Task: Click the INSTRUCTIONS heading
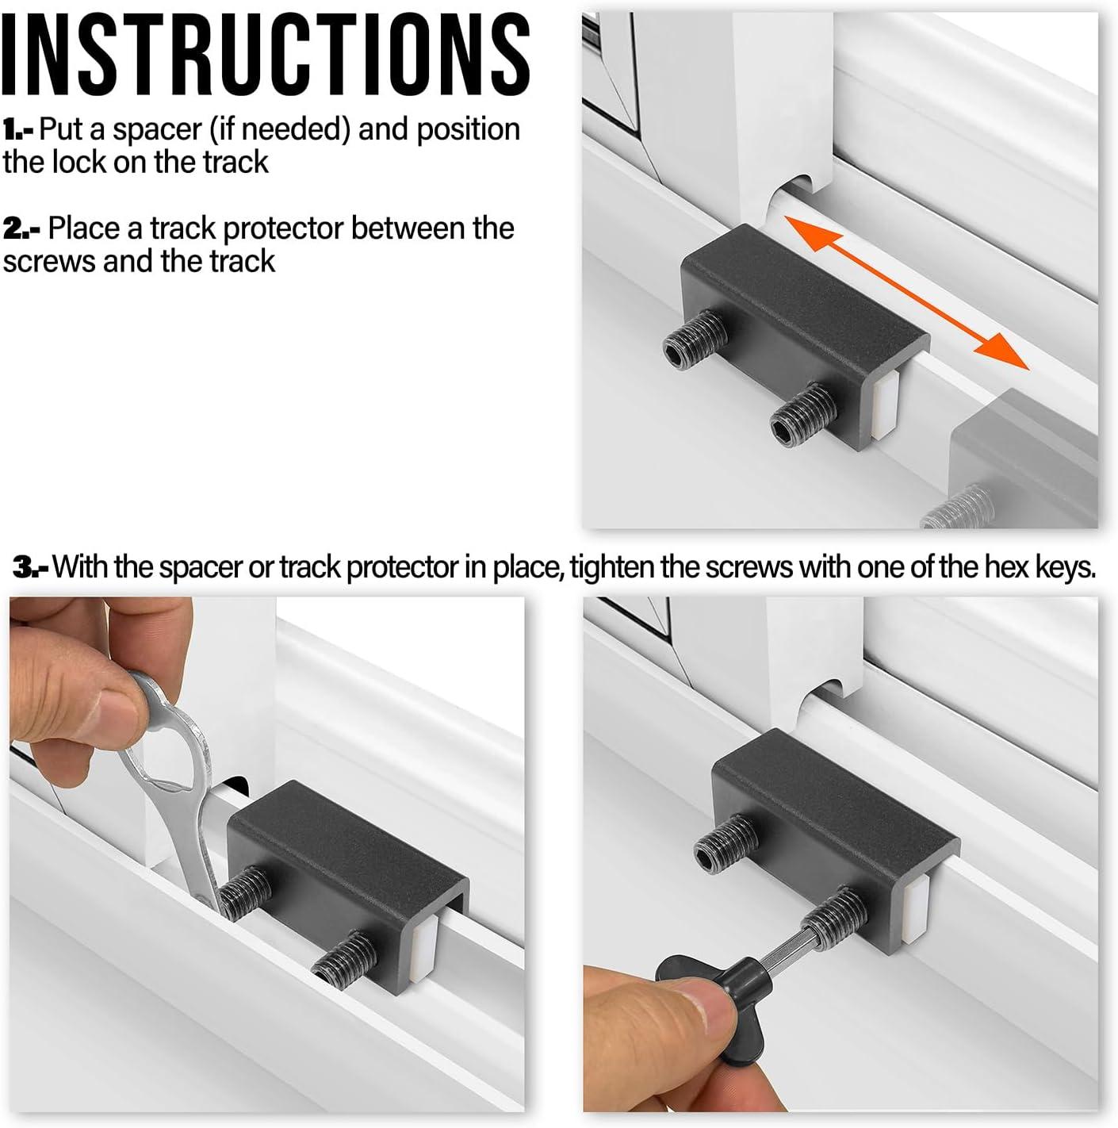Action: tap(265, 55)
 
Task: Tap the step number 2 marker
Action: tap(21, 229)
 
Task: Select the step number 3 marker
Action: tap(32, 566)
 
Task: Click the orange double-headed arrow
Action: tap(906, 293)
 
